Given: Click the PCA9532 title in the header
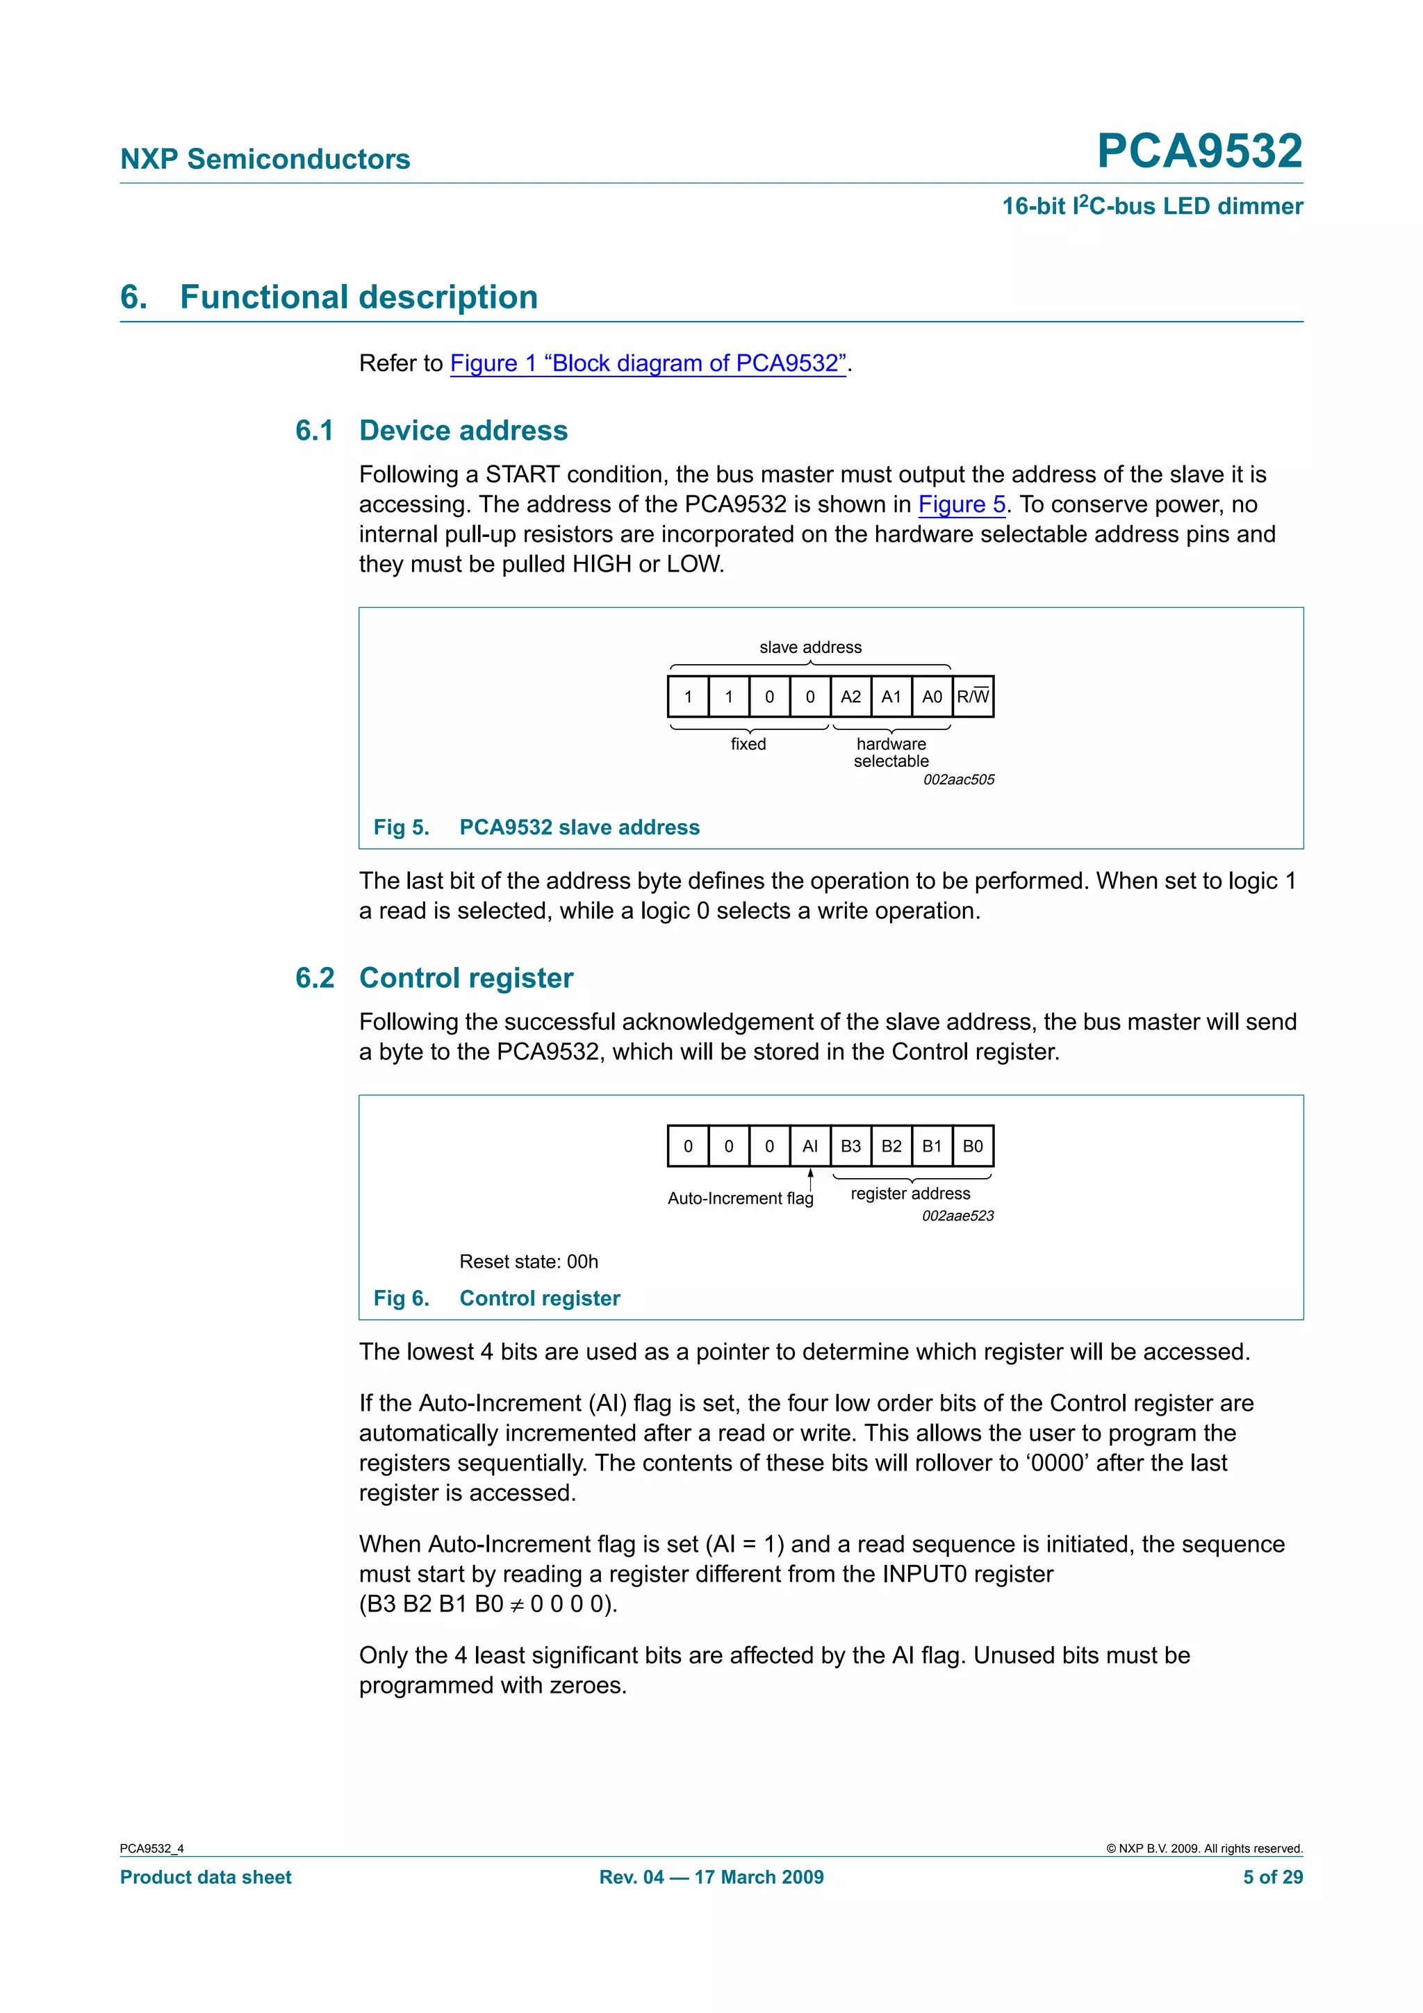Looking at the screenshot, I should coord(1199,151).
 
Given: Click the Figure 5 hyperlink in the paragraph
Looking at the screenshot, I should coord(961,504).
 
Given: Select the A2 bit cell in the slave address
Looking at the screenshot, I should coord(850,697).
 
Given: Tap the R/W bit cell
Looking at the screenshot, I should coord(972,697).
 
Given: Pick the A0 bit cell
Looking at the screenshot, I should coord(931,697).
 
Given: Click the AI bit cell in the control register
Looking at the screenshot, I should coord(809,1146).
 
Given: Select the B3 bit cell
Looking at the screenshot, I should coord(850,1146).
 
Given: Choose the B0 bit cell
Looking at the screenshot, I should coord(972,1146).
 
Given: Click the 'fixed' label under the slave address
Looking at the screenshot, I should coord(748,745).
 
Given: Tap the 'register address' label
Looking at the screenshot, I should coord(910,1193).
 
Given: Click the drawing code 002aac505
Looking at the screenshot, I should coord(958,779).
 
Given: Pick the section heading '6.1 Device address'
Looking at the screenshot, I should coord(431,431).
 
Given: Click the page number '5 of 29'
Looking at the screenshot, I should coord(1272,1877).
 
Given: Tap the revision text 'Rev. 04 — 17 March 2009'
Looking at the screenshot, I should coord(711,1877).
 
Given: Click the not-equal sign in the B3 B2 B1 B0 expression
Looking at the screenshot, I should coord(517,1605).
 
